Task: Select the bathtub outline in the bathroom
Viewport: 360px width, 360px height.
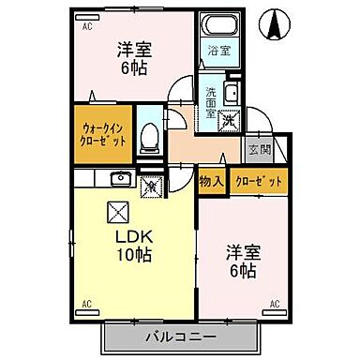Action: click(218, 26)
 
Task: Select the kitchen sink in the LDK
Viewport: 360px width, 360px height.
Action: click(121, 178)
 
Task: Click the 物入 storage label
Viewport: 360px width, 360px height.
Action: click(211, 180)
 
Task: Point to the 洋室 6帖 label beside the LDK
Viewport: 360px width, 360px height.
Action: click(243, 262)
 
